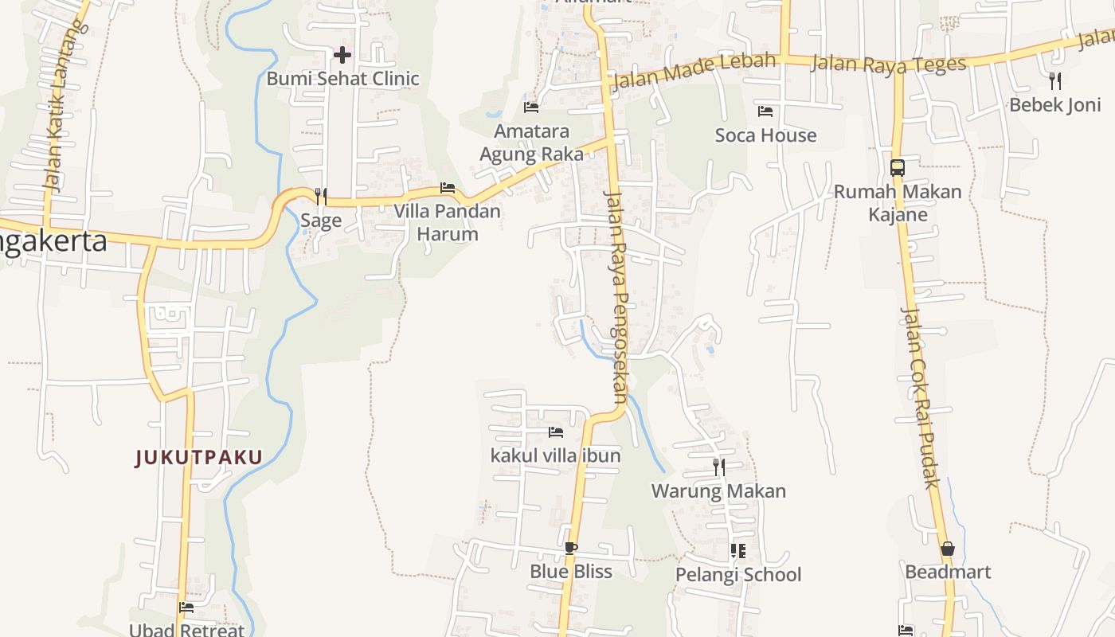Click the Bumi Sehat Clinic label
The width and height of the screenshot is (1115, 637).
click(x=342, y=79)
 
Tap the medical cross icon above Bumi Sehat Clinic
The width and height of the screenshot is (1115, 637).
click(x=342, y=55)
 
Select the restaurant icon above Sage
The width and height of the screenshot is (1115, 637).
click(x=321, y=196)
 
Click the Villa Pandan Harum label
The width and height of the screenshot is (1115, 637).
click(x=448, y=222)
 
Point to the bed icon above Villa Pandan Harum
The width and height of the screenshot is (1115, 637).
click(x=448, y=189)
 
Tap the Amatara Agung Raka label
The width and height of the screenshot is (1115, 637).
click(x=532, y=143)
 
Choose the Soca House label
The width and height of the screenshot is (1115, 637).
click(x=765, y=135)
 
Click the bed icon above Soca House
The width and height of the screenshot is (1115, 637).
click(x=765, y=111)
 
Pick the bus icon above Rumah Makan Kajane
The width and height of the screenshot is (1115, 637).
click(x=898, y=168)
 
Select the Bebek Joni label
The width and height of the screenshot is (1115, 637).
click(x=1055, y=105)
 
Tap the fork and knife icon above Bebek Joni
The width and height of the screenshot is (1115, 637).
click(x=1055, y=80)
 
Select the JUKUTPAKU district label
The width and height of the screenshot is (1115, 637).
click(x=198, y=458)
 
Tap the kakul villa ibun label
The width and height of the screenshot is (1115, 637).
click(x=556, y=456)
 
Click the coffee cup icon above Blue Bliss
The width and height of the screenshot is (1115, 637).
click(x=570, y=548)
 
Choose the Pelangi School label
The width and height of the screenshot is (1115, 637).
click(x=738, y=575)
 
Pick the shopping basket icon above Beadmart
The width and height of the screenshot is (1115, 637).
click(x=948, y=549)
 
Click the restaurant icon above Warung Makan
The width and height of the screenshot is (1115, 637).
click(x=718, y=467)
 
